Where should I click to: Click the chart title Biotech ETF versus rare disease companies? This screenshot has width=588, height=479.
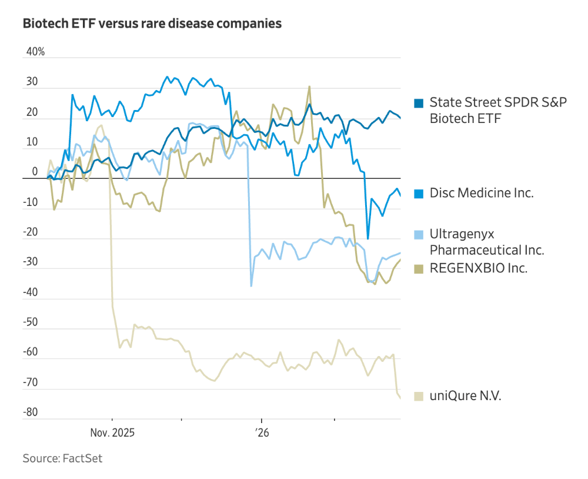(x=152, y=24)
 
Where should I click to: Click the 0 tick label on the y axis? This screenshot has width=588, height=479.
(x=35, y=172)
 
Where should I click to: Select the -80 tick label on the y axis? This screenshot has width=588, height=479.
(x=31, y=413)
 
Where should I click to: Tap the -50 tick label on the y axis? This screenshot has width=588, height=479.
(x=31, y=322)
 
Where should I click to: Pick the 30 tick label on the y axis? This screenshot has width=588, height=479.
(x=32, y=82)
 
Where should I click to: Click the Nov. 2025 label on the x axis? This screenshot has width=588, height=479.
(x=112, y=433)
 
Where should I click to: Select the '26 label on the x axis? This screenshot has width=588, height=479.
(x=262, y=433)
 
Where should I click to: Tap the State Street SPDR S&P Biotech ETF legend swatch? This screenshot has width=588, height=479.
(x=419, y=103)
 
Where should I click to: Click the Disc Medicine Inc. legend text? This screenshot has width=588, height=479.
(x=482, y=193)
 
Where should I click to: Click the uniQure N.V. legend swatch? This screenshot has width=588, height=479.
(x=419, y=396)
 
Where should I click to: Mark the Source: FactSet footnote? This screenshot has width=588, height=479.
(x=62, y=458)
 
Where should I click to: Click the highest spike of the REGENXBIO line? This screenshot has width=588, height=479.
(x=309, y=87)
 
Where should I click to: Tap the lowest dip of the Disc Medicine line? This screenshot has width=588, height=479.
(x=368, y=238)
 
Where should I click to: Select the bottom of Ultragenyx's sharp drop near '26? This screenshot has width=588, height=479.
(x=252, y=286)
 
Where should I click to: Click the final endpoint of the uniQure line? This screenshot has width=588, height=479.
(x=400, y=398)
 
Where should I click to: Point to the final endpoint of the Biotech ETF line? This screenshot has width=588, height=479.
(x=400, y=118)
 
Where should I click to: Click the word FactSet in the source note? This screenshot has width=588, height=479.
(x=82, y=458)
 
